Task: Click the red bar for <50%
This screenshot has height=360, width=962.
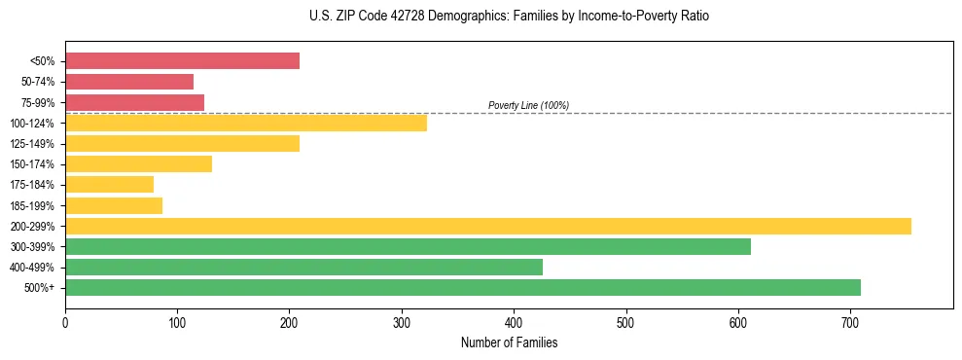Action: click(x=182, y=61)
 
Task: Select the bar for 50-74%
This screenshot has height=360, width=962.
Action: click(x=129, y=82)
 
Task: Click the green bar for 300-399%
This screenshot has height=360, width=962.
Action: click(x=408, y=246)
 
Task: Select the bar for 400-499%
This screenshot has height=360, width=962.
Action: click(x=303, y=267)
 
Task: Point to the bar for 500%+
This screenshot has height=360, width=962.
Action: click(x=463, y=287)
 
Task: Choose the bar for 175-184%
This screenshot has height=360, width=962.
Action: click(x=109, y=185)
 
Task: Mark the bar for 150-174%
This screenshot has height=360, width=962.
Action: click(x=138, y=164)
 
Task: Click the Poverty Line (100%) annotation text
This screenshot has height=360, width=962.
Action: click(x=528, y=105)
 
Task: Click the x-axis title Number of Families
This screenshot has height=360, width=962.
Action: click(x=509, y=342)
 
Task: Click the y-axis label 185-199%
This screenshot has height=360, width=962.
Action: click(x=37, y=205)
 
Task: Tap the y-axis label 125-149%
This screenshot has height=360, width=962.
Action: click(x=37, y=144)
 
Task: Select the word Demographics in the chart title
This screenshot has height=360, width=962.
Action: click(x=452, y=17)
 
